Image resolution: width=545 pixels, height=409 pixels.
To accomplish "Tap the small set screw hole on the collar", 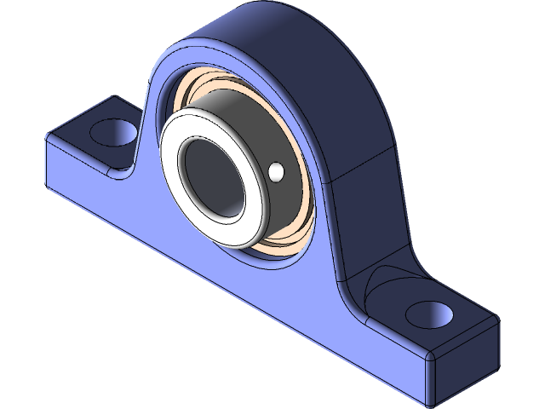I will click(x=275, y=173).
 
